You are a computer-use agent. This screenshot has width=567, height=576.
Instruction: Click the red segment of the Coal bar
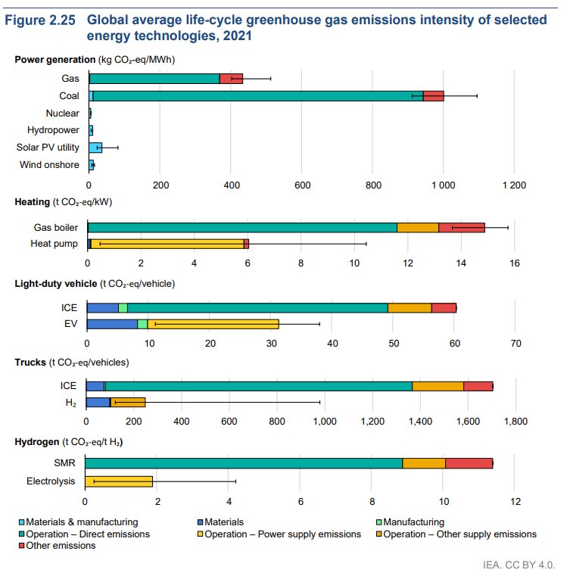coord(433,96)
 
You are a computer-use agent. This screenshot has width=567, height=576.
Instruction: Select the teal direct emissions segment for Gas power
coord(154,78)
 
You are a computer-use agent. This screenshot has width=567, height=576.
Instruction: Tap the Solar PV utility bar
coord(95,148)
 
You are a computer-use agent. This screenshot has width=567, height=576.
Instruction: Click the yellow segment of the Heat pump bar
coord(167,243)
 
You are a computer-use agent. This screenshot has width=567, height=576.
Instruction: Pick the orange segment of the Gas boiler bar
coord(417,227)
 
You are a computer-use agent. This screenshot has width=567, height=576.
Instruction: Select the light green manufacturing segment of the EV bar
coord(142,324)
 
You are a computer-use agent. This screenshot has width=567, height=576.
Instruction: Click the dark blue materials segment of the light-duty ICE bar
coord(102,307)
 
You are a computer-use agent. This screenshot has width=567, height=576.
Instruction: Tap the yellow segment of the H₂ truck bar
coord(128,402)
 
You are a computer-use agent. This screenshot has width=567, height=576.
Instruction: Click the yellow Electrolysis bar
coord(119,481)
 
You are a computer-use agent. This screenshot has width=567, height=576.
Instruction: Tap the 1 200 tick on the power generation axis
coord(514,184)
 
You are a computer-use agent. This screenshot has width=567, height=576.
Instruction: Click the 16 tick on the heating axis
coord(515,263)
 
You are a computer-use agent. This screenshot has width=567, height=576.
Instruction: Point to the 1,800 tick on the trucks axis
coord(515,422)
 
